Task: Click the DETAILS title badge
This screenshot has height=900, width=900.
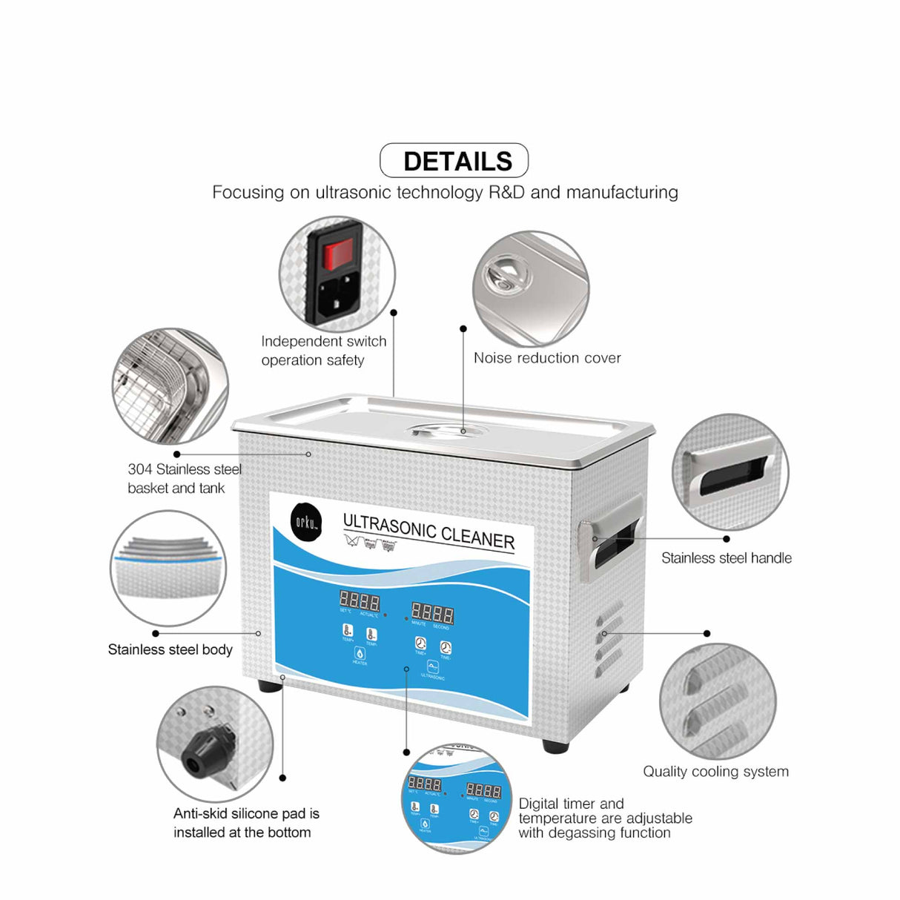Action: coord(454,161)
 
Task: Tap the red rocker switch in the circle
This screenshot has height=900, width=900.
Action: coord(337,254)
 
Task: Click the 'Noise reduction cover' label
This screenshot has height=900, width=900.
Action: coord(547,358)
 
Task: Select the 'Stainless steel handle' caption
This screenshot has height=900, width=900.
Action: coord(726,558)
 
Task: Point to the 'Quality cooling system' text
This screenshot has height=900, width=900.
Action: coord(715,772)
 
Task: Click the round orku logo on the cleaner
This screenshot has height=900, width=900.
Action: coord(306,520)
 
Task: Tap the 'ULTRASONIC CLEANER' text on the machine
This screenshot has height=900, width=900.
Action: coord(429,531)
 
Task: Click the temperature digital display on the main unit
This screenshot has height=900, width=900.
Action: coord(360,600)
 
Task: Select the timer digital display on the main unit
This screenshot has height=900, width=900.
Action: coord(432,613)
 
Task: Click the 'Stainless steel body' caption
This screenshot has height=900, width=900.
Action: coord(170,650)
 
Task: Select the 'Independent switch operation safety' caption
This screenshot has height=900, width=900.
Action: coord(323,351)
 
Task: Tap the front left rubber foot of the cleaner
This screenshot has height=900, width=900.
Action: coord(271,686)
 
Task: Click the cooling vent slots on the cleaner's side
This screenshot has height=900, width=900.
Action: coord(609,638)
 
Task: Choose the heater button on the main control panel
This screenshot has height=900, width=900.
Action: coord(360,655)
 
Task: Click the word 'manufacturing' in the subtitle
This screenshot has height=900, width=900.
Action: coord(621,193)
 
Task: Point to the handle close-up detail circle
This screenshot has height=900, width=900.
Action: coord(730,472)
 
